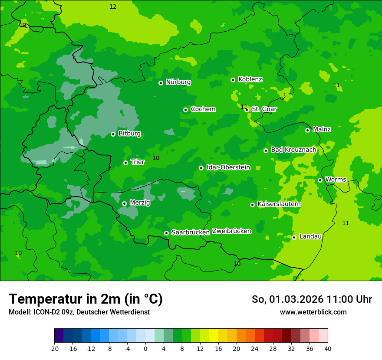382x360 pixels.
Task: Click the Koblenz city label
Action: (x=250, y=79)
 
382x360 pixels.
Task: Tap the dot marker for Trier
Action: (x=126, y=163)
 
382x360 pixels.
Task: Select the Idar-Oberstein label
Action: (x=228, y=167)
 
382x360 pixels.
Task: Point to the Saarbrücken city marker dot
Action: (x=166, y=233)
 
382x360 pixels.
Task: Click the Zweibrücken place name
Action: (x=231, y=231)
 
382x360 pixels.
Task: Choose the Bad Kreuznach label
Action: (x=293, y=150)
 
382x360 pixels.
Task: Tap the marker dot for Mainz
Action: (x=307, y=130)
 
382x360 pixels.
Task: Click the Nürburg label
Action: (x=178, y=82)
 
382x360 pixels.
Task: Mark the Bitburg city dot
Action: (x=113, y=134)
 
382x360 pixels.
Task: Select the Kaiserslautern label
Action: (x=279, y=204)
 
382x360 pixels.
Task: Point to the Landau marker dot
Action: (x=294, y=237)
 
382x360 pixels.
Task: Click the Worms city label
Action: (x=336, y=180)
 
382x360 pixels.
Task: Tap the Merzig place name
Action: (x=140, y=203)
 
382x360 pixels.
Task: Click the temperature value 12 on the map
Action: (x=113, y=7)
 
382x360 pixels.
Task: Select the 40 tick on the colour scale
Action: (x=327, y=349)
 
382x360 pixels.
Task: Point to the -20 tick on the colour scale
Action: (x=54, y=349)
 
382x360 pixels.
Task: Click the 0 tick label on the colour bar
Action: (x=145, y=349)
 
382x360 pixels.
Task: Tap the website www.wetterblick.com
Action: (x=313, y=312)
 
